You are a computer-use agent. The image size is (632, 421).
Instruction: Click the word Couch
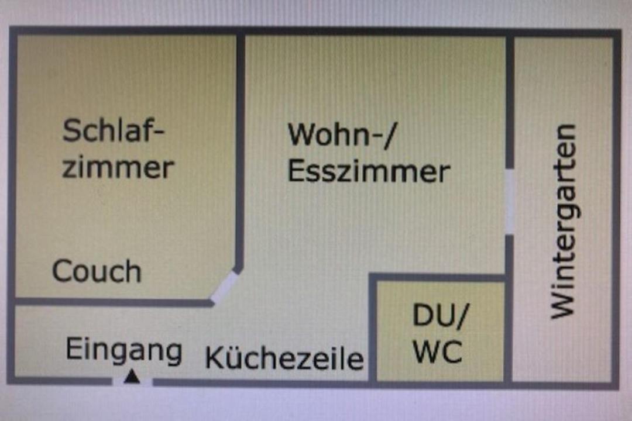(x=97, y=272)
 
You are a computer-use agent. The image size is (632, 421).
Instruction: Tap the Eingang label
(x=123, y=350)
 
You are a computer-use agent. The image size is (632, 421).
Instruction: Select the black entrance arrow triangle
(x=133, y=377)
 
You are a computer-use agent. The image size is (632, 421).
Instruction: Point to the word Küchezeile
(x=284, y=357)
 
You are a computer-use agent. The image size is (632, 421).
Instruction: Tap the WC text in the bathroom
(x=438, y=352)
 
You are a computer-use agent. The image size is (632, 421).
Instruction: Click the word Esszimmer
(x=369, y=172)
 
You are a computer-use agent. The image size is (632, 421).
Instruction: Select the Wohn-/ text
(x=342, y=135)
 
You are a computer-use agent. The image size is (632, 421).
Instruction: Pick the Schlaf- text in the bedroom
(x=114, y=130)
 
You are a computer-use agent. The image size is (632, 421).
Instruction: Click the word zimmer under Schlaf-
(x=118, y=168)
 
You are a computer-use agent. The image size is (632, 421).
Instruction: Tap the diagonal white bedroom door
(x=225, y=287)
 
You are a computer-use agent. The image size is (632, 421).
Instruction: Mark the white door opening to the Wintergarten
(x=510, y=201)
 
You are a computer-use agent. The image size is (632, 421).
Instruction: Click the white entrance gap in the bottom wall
(x=132, y=382)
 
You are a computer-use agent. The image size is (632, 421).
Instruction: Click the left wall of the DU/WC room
(x=372, y=327)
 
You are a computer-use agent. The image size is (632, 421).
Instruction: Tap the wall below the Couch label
(x=111, y=302)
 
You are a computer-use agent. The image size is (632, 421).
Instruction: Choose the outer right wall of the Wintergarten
(x=616, y=205)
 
